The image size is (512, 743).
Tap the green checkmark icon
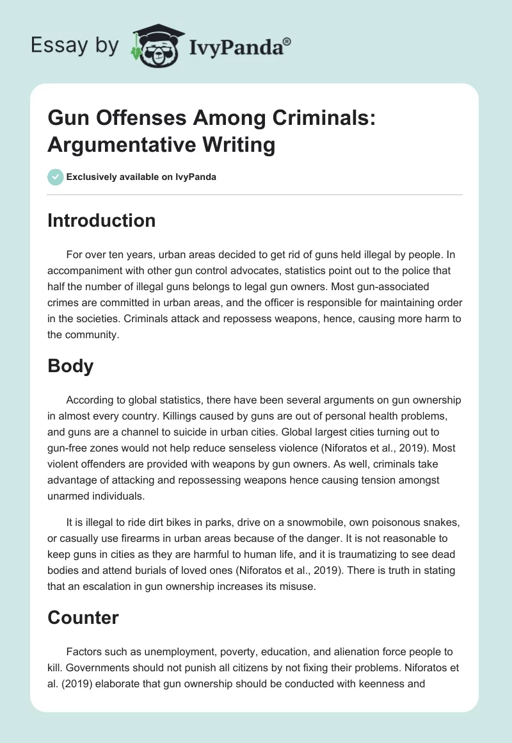(x=56, y=177)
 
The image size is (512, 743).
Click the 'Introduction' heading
(x=102, y=220)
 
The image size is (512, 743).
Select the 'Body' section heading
(x=70, y=366)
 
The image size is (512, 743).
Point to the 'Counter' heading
(x=83, y=617)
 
